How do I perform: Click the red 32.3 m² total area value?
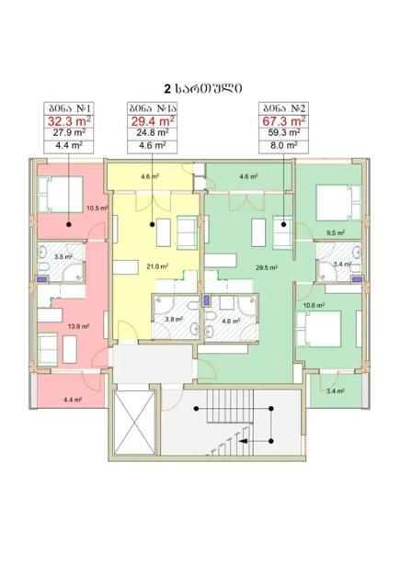[69, 121]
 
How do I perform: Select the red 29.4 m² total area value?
[153, 121]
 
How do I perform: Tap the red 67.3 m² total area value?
[284, 121]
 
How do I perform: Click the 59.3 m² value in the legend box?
[284, 132]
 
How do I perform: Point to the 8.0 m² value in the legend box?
[284, 145]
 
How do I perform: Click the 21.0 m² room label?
[157, 266]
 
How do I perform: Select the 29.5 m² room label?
[266, 267]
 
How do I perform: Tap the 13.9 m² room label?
[78, 326]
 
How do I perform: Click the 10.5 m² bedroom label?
[97, 208]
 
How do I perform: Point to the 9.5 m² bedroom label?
[336, 232]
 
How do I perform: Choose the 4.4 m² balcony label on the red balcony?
[73, 400]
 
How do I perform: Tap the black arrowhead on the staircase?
[244, 441]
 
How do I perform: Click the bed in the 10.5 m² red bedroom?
[61, 194]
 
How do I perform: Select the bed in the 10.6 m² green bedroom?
[319, 329]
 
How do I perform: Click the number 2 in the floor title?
[167, 89]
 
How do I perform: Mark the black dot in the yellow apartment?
[153, 224]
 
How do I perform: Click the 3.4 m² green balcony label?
[335, 390]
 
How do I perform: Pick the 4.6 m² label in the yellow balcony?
[150, 176]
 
